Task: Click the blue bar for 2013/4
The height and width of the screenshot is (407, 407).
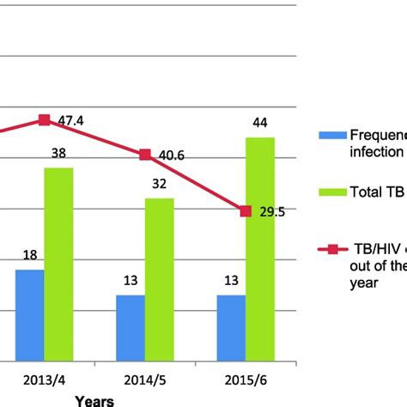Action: tap(30, 315)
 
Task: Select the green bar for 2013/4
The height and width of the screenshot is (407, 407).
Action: tap(58, 264)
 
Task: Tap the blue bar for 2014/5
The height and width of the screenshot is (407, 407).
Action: tap(131, 328)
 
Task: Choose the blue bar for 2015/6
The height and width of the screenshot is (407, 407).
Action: tap(231, 328)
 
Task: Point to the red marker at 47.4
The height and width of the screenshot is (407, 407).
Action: tap(45, 120)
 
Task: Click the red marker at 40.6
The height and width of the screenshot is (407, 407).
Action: tap(145, 155)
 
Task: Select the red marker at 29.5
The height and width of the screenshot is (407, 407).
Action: tap(246, 210)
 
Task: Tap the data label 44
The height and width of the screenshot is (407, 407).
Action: tap(260, 124)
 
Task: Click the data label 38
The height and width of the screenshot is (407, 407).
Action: tap(58, 155)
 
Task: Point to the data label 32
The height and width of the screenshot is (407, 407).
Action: tap(159, 185)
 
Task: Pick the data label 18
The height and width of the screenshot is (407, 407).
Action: tap(30, 256)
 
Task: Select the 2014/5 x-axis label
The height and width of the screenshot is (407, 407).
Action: tap(144, 380)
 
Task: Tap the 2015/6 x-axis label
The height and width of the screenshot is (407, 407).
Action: tap(245, 380)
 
